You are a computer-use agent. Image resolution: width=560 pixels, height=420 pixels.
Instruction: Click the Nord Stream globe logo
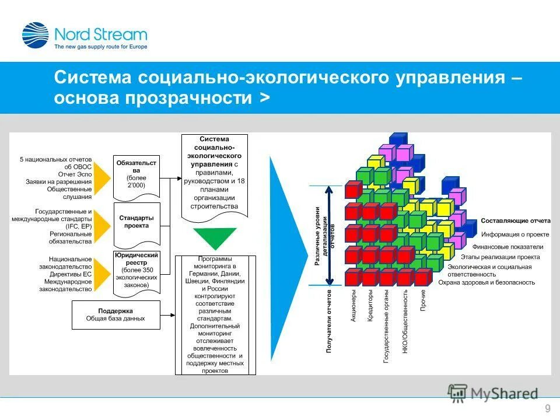[x=35, y=34]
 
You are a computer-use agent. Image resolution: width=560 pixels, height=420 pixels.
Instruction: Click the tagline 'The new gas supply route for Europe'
[x=101, y=46]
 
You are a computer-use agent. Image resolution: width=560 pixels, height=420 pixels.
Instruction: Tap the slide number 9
[x=547, y=408]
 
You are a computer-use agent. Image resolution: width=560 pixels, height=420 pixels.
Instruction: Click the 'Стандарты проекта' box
[x=136, y=222]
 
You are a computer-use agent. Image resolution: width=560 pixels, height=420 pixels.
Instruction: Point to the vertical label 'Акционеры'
[x=353, y=306]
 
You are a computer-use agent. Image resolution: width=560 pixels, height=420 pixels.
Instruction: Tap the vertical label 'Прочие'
[x=422, y=300]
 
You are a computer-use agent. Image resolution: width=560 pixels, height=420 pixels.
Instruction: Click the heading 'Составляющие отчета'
[x=515, y=222]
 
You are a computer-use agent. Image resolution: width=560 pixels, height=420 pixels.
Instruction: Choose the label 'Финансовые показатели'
[x=512, y=247]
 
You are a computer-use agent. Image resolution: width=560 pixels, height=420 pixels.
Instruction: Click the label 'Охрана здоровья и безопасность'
[x=487, y=282]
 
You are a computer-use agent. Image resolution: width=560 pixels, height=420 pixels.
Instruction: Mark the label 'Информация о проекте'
[x=515, y=235]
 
